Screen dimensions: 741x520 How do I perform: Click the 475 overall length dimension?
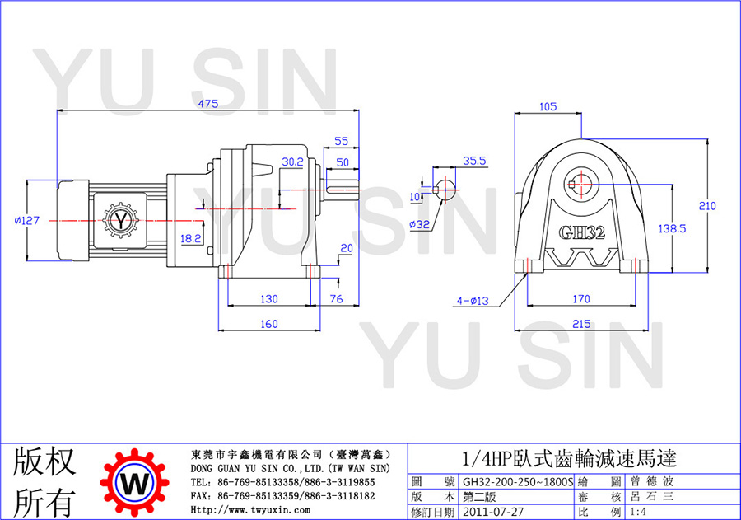[208, 104]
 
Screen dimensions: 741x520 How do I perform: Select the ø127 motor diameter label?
[27, 221]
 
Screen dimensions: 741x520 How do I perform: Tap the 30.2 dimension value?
[292, 162]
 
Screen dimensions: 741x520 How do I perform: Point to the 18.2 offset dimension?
[191, 238]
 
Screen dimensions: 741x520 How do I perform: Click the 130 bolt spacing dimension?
[269, 299]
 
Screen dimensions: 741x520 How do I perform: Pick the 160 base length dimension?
[269, 324]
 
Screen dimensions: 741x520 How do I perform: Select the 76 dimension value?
[336, 299]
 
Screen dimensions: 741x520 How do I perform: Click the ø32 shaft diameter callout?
[420, 224]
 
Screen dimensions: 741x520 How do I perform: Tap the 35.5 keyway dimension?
[474, 161]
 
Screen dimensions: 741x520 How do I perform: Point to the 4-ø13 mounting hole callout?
[473, 301]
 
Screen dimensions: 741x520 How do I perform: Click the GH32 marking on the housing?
[582, 232]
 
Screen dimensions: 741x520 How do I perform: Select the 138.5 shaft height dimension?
[672, 229]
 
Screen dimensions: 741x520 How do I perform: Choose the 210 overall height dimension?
[707, 206]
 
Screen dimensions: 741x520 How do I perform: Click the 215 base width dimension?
[581, 324]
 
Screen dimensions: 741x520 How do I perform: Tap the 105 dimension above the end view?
[548, 107]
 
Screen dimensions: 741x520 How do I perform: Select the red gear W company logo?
[135, 483]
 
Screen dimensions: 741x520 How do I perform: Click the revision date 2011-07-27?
[493, 512]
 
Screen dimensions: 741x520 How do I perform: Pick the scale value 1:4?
[638, 512]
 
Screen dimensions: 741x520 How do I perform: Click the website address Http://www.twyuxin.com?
[250, 510]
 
